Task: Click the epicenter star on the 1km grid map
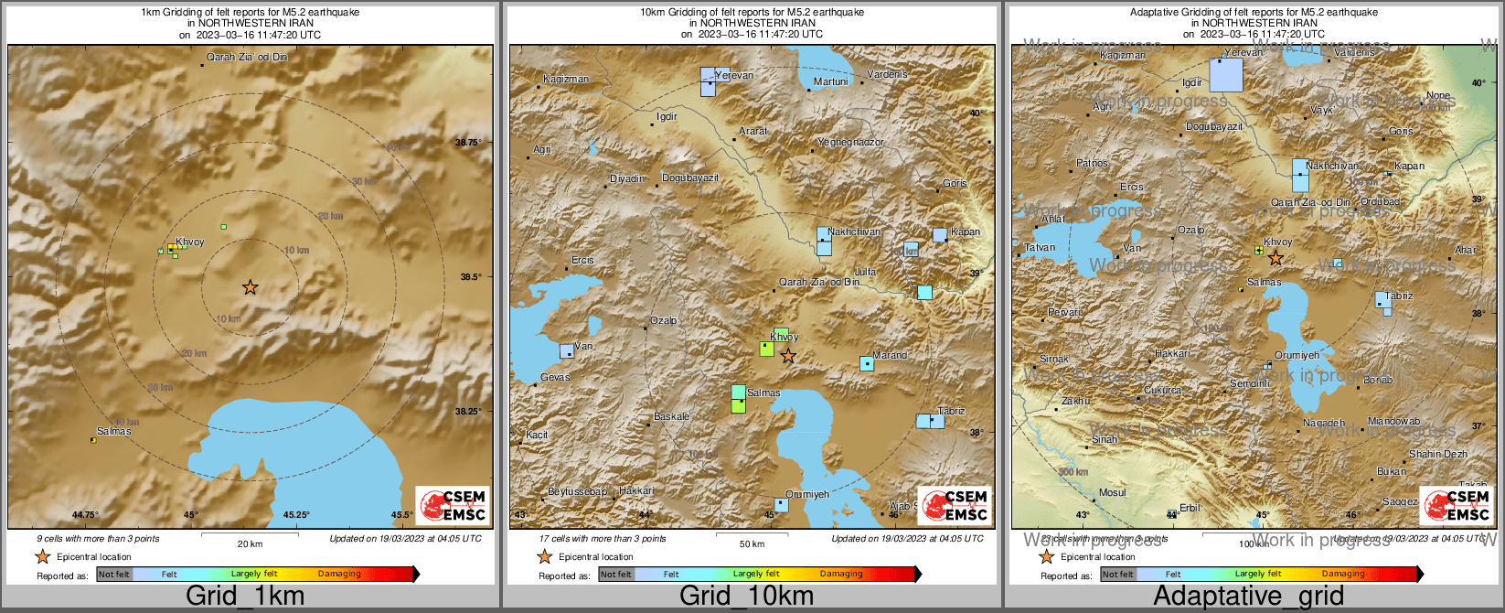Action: (250, 287)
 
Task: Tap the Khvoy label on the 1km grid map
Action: (189, 242)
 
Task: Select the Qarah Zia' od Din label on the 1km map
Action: (247, 57)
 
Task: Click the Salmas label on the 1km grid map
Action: (113, 431)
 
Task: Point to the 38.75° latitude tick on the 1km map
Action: (468, 142)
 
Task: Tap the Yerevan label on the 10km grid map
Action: (734, 75)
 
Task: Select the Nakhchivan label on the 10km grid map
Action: (854, 231)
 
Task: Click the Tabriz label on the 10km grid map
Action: (951, 411)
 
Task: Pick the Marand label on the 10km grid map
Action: (890, 355)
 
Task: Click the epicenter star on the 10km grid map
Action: (788, 356)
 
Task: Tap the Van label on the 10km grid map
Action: (582, 346)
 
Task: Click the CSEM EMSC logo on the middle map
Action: (955, 505)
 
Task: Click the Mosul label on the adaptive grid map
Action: (1113, 492)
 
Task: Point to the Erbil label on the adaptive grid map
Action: (1190, 508)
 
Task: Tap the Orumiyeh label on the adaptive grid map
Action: (1297, 355)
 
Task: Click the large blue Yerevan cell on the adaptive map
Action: (1226, 75)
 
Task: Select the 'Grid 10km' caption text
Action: (746, 596)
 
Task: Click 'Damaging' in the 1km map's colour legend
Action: (339, 574)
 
